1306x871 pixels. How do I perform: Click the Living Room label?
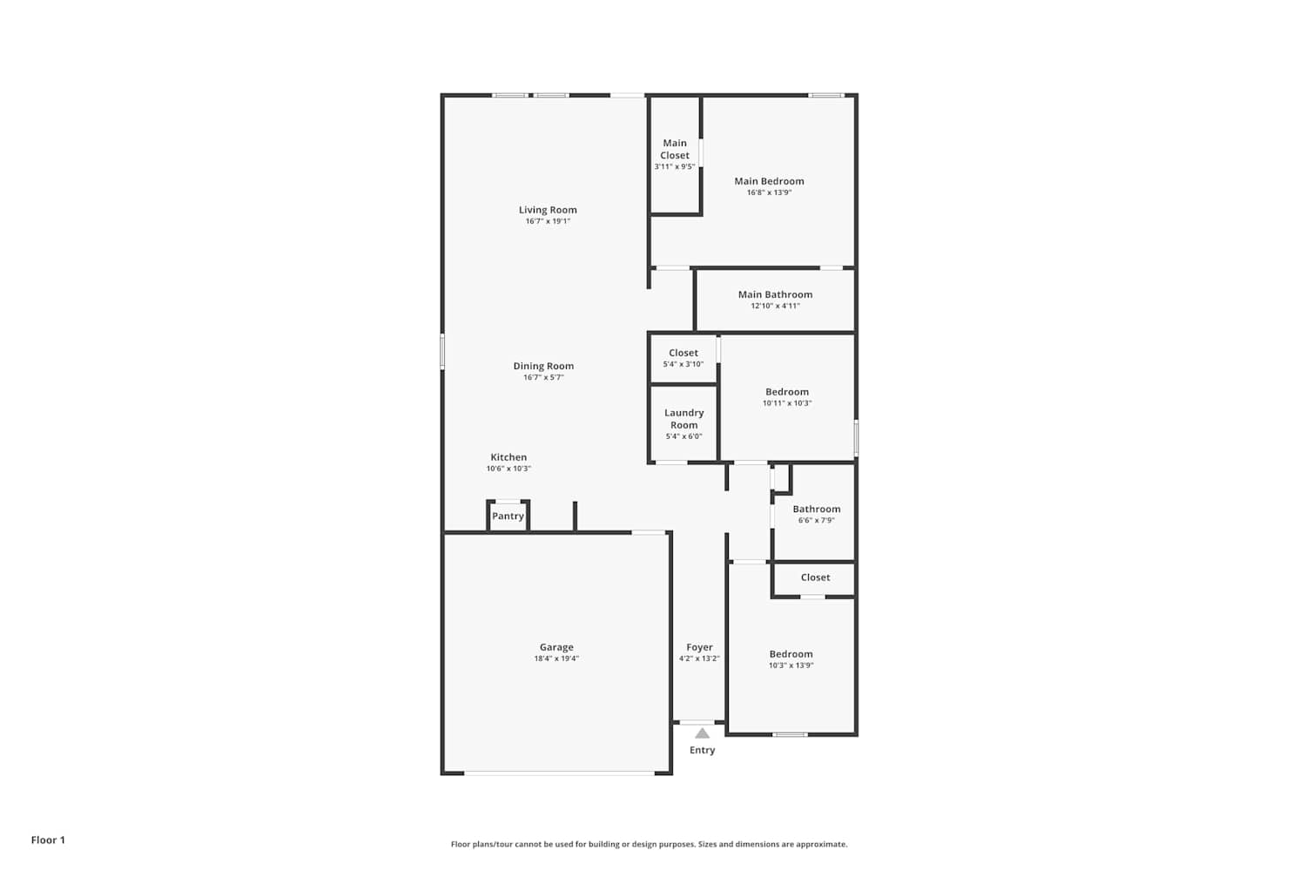548,210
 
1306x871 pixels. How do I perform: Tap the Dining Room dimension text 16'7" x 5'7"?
543,377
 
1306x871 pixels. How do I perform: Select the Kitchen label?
508,457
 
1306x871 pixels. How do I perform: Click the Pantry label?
508,517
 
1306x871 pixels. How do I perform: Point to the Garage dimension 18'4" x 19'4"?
556,658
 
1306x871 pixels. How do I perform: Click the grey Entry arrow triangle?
702,733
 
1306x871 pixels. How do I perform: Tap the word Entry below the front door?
702,750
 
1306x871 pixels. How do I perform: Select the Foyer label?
699,647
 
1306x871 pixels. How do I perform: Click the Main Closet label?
675,149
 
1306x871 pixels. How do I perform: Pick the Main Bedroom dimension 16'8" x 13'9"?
769,192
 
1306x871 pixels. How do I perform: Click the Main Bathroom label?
775,294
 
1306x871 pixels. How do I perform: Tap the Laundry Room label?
683,419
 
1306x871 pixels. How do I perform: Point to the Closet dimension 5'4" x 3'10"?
683,364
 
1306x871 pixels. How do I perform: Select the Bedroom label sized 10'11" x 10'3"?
787,392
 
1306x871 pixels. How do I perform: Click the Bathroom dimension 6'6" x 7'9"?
817,520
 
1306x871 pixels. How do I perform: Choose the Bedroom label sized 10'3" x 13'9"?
791,655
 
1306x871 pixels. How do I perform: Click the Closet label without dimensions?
815,577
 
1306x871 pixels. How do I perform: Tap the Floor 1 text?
48,841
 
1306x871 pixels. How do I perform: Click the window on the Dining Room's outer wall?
442,351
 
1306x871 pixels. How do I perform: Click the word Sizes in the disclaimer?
710,844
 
